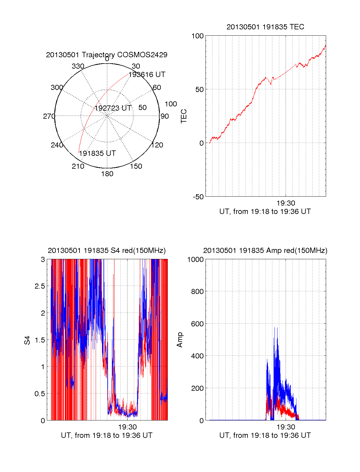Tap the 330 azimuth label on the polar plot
[78, 66]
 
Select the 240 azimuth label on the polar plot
[57, 145]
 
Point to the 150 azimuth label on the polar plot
[136, 166]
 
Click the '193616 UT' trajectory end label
[147, 75]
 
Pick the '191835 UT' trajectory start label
[97, 153]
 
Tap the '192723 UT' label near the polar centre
[113, 108]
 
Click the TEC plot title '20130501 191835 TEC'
[265, 27]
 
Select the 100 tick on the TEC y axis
[197, 36]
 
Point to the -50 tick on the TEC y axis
[198, 197]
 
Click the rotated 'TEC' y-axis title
[184, 116]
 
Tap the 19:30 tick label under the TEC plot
[286, 203]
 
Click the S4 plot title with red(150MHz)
[106, 251]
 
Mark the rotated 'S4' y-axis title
[27, 340]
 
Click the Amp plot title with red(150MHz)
[265, 251]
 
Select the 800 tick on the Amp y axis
[197, 291]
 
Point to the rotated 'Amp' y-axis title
[179, 340]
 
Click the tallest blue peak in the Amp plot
[275, 328]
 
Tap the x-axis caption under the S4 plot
[106, 435]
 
